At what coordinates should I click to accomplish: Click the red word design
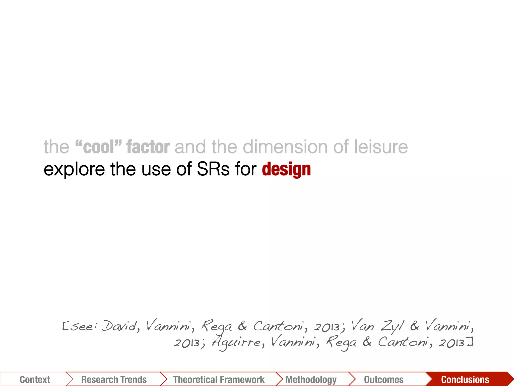tap(286, 169)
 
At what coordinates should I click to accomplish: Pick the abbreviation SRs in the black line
tap(213, 169)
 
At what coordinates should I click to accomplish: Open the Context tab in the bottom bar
tap(35, 379)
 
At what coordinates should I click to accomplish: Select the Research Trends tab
tap(114, 379)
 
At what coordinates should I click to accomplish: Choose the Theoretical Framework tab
tap(219, 379)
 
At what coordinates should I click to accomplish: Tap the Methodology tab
tap(311, 379)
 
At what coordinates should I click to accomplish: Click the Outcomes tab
tap(384, 379)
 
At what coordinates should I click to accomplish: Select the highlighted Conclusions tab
tap(465, 379)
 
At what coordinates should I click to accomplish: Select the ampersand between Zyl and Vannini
tap(414, 326)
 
